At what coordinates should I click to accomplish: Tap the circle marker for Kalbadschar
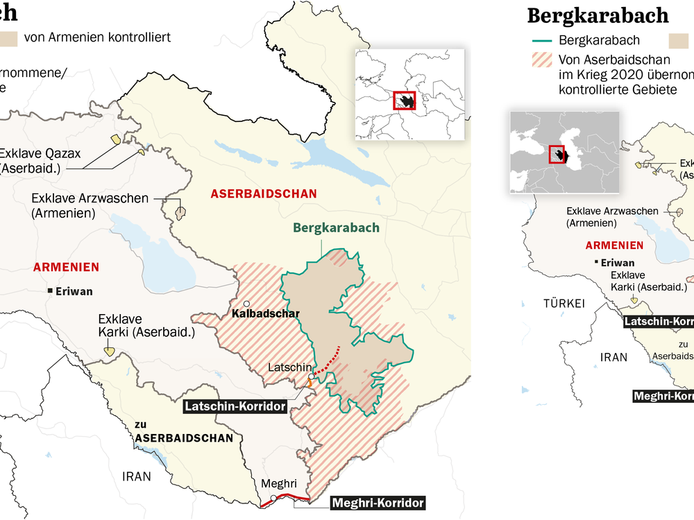246,304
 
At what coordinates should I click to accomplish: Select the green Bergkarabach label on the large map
336,227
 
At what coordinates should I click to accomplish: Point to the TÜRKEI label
564,303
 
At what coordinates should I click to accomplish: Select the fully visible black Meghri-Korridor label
376,503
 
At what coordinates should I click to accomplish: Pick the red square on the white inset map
404,100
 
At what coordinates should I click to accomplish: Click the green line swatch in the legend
541,40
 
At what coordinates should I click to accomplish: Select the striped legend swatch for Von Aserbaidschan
541,60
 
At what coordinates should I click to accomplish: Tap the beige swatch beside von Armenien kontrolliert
8,37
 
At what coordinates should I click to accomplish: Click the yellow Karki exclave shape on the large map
110,352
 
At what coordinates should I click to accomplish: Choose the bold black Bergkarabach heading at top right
598,15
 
